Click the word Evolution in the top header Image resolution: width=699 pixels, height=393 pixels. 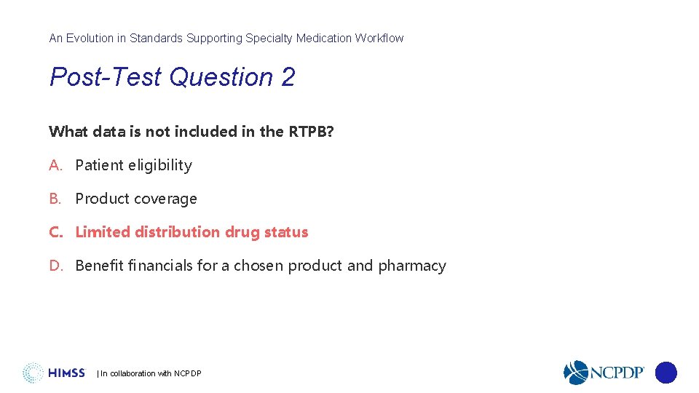88,38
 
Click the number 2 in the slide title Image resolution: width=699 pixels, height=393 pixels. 288,77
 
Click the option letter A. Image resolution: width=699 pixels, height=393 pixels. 55,165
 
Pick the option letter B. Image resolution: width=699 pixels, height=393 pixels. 55,199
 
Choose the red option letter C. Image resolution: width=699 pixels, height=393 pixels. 55,232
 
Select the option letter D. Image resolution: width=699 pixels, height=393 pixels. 55,266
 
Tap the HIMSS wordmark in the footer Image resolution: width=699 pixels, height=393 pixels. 66,373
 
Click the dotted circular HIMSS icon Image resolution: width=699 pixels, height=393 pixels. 33,373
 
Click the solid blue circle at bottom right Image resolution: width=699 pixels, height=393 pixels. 666,373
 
